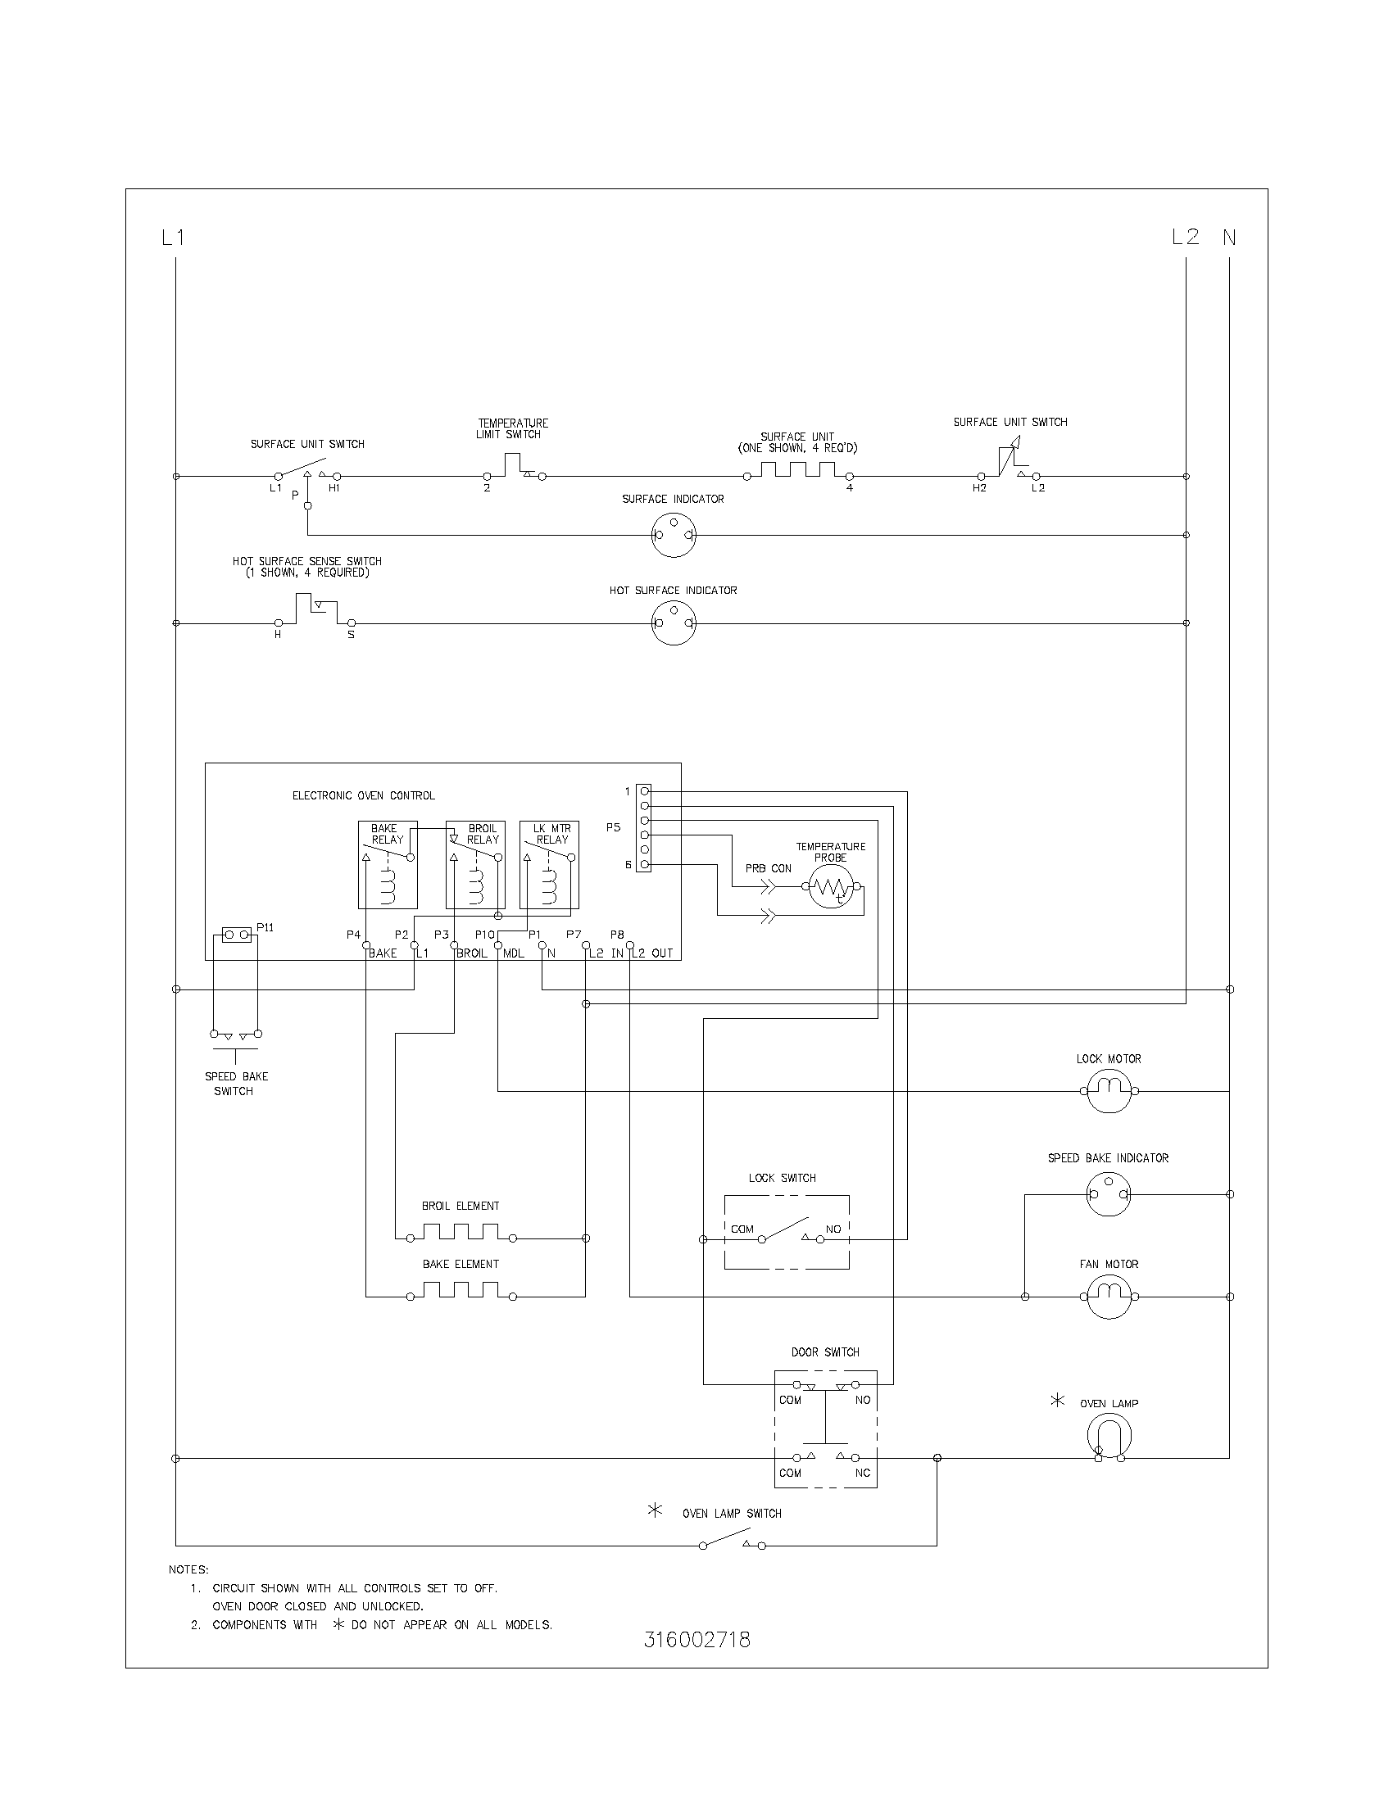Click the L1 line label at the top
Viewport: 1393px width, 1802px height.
pos(173,238)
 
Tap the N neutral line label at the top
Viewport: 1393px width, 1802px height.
pos(1229,238)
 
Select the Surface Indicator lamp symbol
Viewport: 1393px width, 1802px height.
pos(674,535)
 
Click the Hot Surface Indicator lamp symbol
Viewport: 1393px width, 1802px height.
pos(674,624)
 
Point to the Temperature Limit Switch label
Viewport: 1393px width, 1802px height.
pos(511,428)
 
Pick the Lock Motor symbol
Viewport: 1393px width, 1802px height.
pos(1109,1091)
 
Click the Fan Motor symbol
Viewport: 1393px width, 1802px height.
pos(1109,1297)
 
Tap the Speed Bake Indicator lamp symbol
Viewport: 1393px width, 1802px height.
pos(1109,1194)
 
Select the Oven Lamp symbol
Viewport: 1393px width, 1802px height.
pos(1109,1436)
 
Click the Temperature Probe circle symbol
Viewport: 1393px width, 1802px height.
pos(831,887)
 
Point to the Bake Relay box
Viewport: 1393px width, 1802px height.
pos(388,865)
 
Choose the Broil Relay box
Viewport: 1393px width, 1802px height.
pos(475,865)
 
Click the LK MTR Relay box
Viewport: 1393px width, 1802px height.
pos(549,865)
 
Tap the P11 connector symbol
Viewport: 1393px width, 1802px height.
pos(237,935)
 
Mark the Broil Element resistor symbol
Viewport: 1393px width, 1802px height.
pos(461,1234)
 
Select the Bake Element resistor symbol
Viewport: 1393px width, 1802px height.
pos(461,1291)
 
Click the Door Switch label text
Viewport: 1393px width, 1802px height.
pos(825,1351)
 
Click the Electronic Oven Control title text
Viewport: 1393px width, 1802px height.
pos(363,795)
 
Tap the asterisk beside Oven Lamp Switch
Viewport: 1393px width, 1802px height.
pos(656,1511)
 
